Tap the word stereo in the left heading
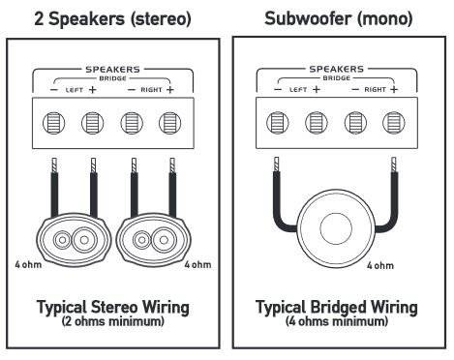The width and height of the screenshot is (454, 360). pos(161,19)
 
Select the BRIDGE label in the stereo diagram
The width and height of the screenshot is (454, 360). pos(112,78)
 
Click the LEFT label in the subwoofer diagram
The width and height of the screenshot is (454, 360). pos(298,89)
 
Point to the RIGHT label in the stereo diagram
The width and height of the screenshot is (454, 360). pos(151,90)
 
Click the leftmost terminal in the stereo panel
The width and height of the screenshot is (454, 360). pos(54,123)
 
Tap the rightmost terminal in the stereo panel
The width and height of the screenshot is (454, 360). pos(169,123)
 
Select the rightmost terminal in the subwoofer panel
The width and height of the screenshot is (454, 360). pos(394,123)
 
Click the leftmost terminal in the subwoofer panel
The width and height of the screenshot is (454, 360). pos(278,123)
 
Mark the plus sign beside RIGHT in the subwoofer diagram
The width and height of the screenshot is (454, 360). pos(394,89)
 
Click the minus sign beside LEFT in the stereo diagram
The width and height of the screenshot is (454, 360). pos(54,90)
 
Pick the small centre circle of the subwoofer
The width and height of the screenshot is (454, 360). pos(336,228)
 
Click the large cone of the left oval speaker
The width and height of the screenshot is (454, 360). pos(84,240)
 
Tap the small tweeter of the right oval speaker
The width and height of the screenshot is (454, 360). pos(141,240)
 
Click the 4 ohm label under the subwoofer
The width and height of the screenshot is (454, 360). pos(380,266)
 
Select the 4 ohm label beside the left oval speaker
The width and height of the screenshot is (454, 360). pos(28,265)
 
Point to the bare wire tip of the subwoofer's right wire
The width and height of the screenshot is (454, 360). pos(394,165)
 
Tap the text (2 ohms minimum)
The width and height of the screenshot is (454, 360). pos(112,321)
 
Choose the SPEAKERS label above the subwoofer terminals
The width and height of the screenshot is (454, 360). pos(337,69)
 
